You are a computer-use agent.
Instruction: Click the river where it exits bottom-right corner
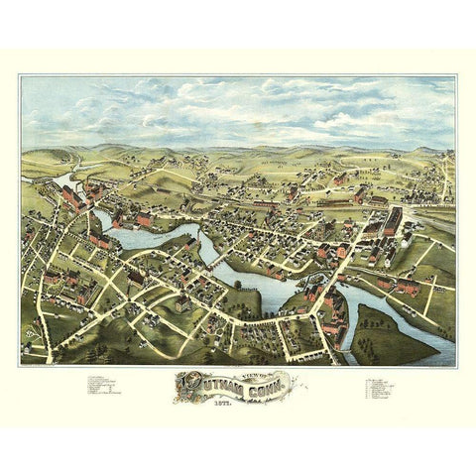coord(441,352)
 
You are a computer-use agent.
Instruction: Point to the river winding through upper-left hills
coord(61,178)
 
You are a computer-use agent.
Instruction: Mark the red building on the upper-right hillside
coord(340,179)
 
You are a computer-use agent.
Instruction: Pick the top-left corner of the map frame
coord(21,76)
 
